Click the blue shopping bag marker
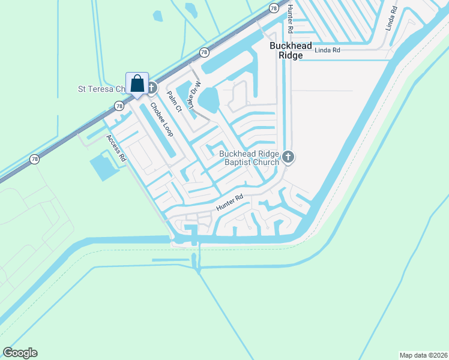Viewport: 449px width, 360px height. point(137,84)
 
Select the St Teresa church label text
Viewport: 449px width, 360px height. point(102,89)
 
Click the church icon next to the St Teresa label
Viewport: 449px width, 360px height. point(151,88)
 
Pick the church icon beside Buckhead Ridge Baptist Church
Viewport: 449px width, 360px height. point(289,158)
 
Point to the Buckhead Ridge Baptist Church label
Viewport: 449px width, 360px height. point(252,158)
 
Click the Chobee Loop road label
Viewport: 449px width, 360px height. point(161,119)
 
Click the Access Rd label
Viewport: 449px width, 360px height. point(116,148)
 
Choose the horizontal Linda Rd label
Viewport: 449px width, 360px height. point(327,50)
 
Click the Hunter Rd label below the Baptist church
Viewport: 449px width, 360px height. point(230,202)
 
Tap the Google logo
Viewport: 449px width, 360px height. point(20,353)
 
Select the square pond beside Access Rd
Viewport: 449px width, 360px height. point(103,166)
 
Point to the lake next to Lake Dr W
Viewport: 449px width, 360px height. point(208,99)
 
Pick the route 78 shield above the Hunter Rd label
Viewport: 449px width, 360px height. point(274,8)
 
